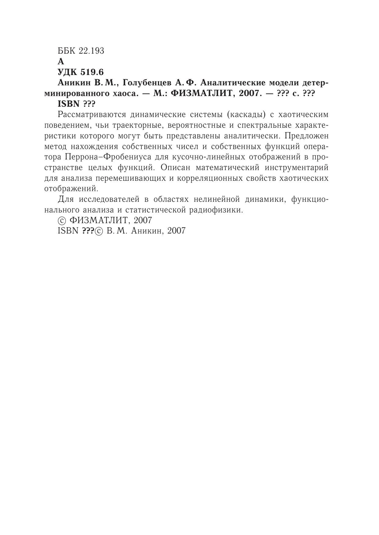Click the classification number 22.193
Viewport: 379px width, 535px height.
point(91,51)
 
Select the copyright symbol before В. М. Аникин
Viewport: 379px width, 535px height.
point(99,231)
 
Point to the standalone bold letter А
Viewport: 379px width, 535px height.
point(61,62)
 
